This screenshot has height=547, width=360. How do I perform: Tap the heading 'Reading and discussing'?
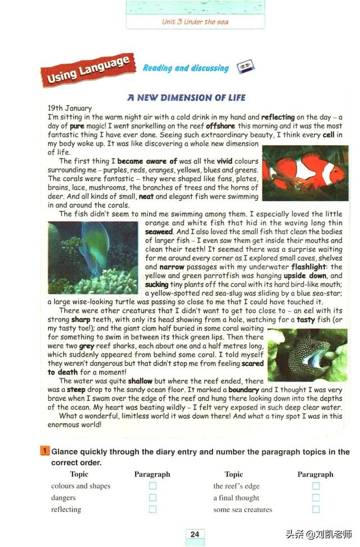click(x=185, y=68)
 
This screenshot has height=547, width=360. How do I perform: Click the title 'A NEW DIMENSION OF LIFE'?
click(x=186, y=97)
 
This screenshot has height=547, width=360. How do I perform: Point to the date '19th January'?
click(x=70, y=108)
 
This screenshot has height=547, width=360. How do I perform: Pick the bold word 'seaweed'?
click(x=159, y=231)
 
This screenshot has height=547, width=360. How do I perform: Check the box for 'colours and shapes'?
click(x=152, y=486)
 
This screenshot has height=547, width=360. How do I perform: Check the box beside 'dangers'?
click(x=152, y=497)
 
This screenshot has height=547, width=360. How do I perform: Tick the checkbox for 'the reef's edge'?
click(x=316, y=486)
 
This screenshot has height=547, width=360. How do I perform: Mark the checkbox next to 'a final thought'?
click(x=316, y=497)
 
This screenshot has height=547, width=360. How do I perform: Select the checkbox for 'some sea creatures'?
click(x=316, y=509)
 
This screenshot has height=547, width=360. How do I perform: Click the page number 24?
click(x=195, y=534)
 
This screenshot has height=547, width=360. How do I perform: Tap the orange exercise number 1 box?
click(x=44, y=451)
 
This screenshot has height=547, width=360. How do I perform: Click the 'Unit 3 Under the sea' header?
click(x=195, y=22)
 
